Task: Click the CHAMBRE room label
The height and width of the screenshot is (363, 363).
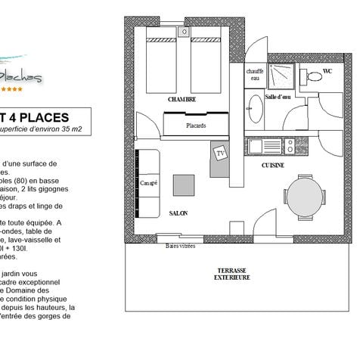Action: click(x=183, y=99)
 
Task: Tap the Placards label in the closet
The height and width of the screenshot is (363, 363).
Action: click(x=195, y=125)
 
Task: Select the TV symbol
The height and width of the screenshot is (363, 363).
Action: click(x=221, y=154)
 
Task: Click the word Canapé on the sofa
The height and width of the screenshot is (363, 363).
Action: click(x=148, y=182)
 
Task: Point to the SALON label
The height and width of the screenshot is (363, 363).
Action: click(x=178, y=213)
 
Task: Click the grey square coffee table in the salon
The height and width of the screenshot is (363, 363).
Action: click(x=182, y=185)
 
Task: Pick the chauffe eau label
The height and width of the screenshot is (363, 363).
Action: click(x=255, y=74)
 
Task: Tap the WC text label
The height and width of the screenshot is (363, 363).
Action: click(x=327, y=71)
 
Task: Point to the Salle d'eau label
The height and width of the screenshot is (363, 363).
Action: click(x=280, y=98)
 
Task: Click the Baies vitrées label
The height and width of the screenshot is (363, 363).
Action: click(x=181, y=246)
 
